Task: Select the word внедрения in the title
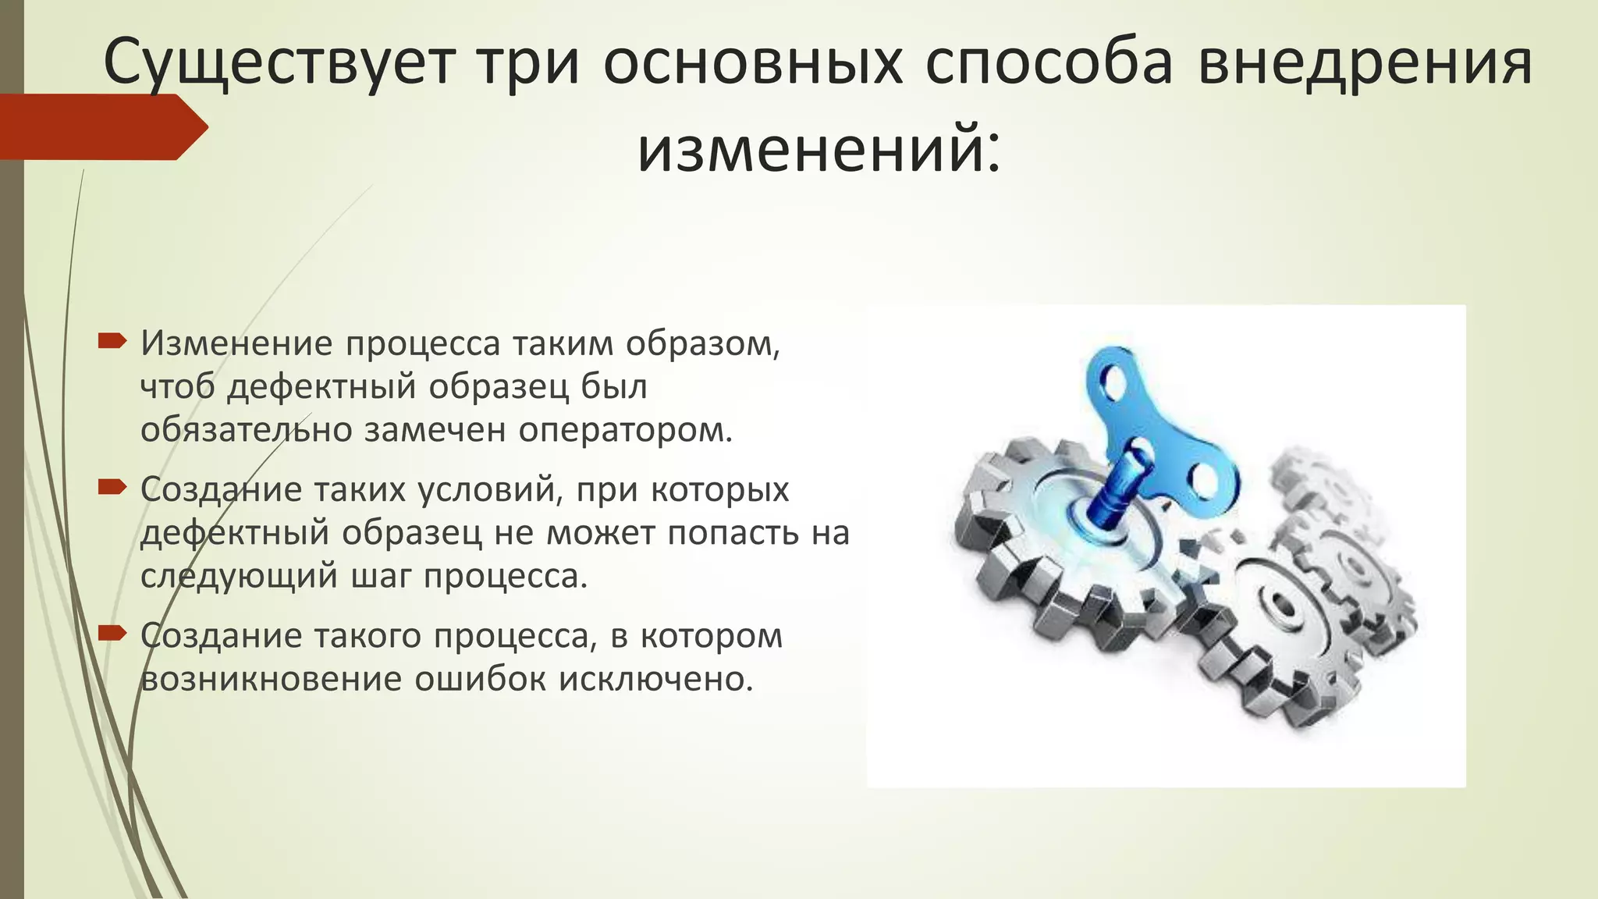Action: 1365,62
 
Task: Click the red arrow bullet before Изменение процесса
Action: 112,340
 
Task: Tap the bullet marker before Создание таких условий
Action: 112,487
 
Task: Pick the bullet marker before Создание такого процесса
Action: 112,633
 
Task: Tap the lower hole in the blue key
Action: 1206,480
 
